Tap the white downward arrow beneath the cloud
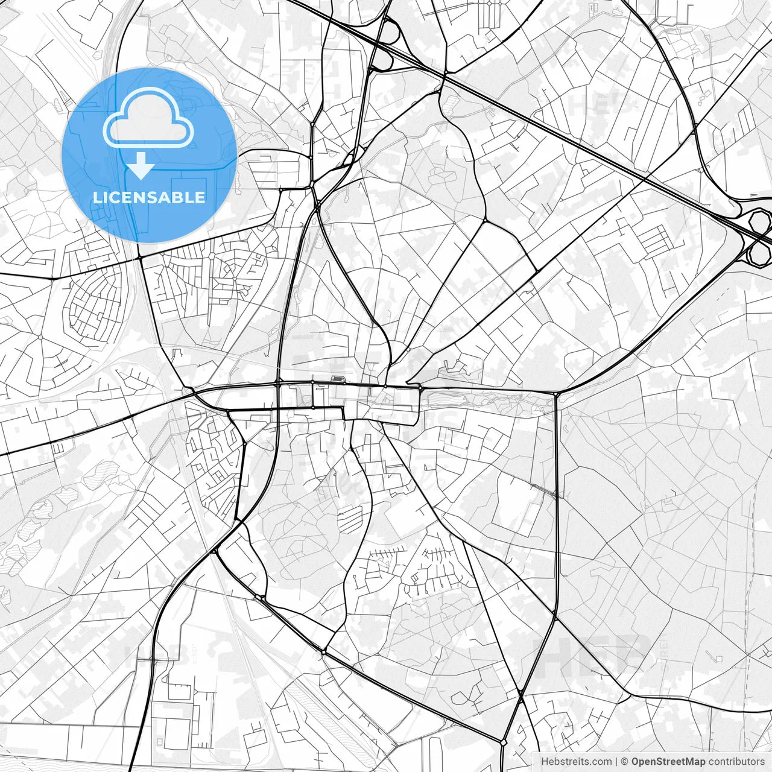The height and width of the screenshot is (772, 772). click(141, 166)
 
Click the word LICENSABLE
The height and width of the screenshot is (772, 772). click(148, 197)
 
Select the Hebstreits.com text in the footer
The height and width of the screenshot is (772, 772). click(576, 761)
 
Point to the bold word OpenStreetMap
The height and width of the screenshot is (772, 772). click(668, 761)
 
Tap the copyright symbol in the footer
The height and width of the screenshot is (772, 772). click(625, 761)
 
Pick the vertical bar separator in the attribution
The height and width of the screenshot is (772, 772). click(616, 761)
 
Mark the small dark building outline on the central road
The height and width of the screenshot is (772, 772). click(337, 379)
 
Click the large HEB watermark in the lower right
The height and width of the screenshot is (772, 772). click(594, 654)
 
